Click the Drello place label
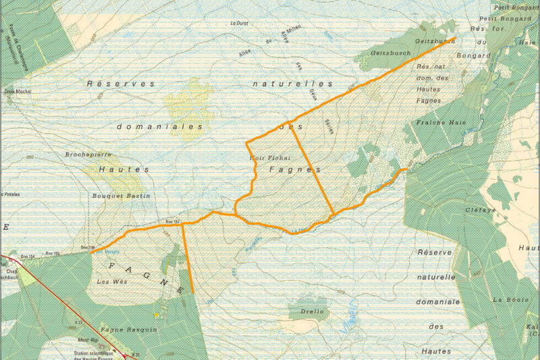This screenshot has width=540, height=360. coord(311,311)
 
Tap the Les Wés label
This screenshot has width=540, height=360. coord(112,281)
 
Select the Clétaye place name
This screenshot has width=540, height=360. coord(480,210)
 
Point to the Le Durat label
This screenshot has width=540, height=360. coord(240,24)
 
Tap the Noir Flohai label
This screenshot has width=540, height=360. coord(265,157)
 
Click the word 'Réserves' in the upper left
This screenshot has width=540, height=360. coord(120,84)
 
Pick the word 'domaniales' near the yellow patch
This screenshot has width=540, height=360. coord(159,126)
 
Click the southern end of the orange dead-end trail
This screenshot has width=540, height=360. coord(193,292)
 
